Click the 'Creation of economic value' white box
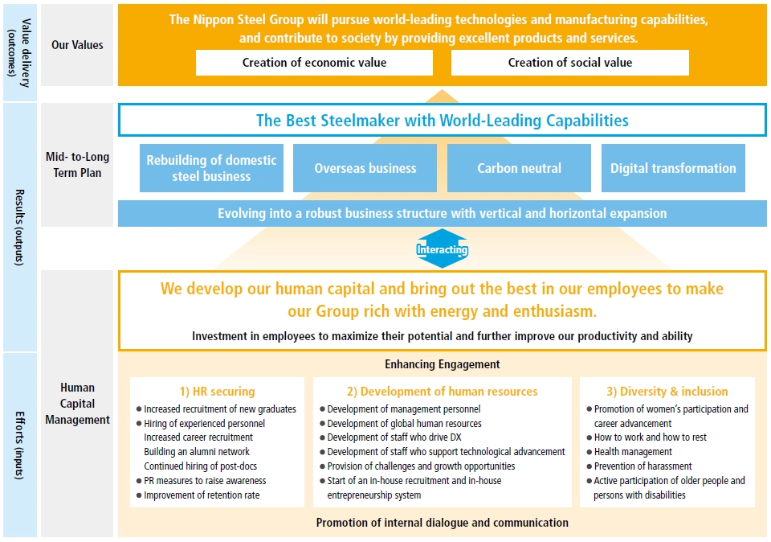[x=314, y=63]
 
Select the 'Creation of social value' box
[x=570, y=63]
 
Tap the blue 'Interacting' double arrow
[x=442, y=248]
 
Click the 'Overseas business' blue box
[x=365, y=168]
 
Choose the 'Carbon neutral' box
[x=519, y=168]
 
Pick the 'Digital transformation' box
[x=673, y=168]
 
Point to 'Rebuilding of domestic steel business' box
[x=211, y=168]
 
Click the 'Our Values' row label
[x=77, y=45]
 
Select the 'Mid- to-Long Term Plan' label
[x=77, y=164]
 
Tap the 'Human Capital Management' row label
[x=77, y=403]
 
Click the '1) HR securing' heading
[x=218, y=392]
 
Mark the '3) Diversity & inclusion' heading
[x=667, y=392]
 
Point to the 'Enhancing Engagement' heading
[x=442, y=364]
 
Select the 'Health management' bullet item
[x=630, y=451]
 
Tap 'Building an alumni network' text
[x=197, y=451]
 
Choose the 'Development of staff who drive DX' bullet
[x=390, y=437]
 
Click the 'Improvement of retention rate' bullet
[x=198, y=495]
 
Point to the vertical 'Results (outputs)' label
[x=19, y=227]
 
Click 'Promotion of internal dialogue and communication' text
[x=442, y=523]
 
